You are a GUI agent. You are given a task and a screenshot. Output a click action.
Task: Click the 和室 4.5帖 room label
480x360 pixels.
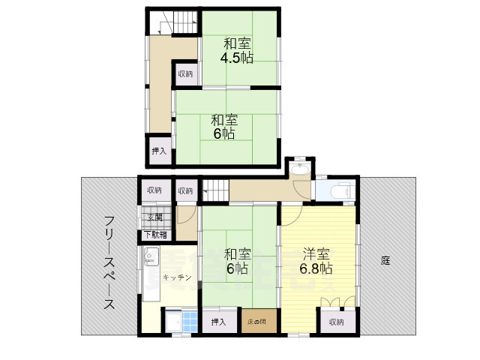236,51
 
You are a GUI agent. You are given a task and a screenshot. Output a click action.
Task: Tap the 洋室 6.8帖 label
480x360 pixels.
316,261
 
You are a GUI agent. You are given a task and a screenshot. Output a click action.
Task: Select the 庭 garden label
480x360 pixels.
385,261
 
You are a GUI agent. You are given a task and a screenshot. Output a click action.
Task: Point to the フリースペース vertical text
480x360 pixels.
109,262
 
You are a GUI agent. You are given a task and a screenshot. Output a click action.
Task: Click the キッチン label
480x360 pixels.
177,277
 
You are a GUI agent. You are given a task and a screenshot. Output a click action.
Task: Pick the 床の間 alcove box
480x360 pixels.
258,322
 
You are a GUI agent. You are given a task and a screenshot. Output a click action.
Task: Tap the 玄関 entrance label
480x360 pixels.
154,217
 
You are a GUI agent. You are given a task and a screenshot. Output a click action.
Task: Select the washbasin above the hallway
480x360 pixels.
299,168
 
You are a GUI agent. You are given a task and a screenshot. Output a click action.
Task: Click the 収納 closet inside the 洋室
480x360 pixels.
336,322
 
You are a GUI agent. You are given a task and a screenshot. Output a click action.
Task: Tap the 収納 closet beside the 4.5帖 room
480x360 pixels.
185,73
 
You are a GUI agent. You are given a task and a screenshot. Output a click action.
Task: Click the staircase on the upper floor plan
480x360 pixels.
178,23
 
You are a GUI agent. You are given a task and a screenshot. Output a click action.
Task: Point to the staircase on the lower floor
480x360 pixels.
214,190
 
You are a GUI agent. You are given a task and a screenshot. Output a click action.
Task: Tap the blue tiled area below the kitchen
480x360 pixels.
178,323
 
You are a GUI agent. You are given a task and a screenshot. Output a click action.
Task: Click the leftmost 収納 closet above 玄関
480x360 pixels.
154,190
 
